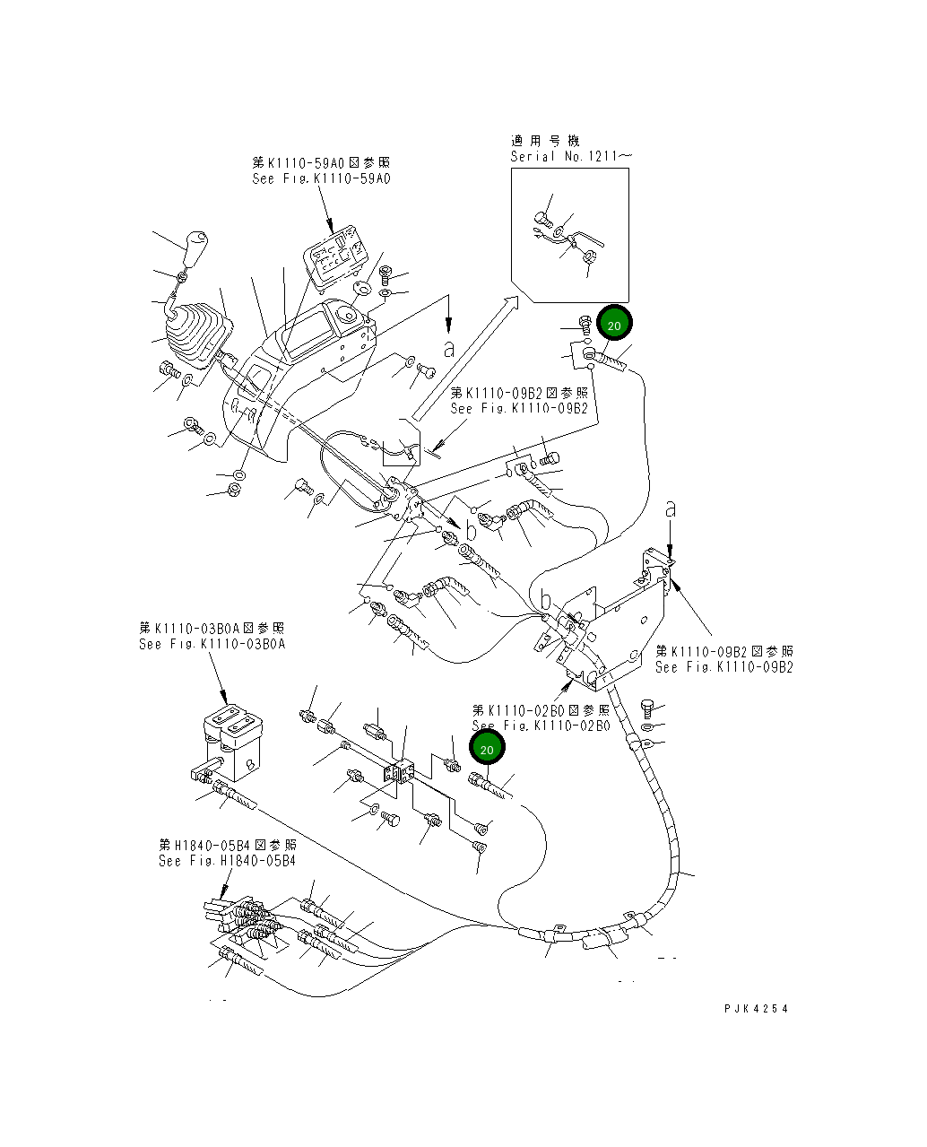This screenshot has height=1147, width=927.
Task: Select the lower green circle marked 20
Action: [487, 749]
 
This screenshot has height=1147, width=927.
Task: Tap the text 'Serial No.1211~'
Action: [571, 156]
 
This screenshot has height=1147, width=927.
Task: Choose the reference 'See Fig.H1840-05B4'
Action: [227, 861]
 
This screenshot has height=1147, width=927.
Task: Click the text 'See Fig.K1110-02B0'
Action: [541, 726]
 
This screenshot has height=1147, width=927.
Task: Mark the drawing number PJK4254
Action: [757, 1009]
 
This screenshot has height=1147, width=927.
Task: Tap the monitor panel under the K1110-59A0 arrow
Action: [335, 256]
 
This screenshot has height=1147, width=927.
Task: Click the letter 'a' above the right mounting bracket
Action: [670, 509]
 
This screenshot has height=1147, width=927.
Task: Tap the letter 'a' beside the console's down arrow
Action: [448, 348]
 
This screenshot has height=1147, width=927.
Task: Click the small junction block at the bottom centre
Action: [400, 772]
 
